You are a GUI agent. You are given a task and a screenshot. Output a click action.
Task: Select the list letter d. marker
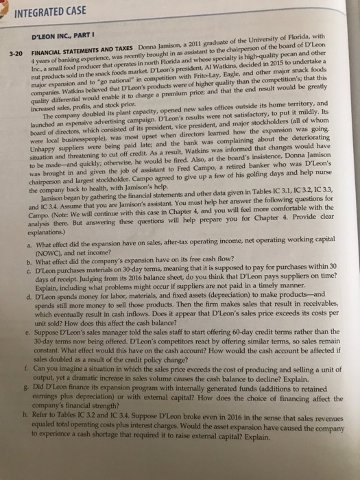pyautogui.click(x=36, y=311)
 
